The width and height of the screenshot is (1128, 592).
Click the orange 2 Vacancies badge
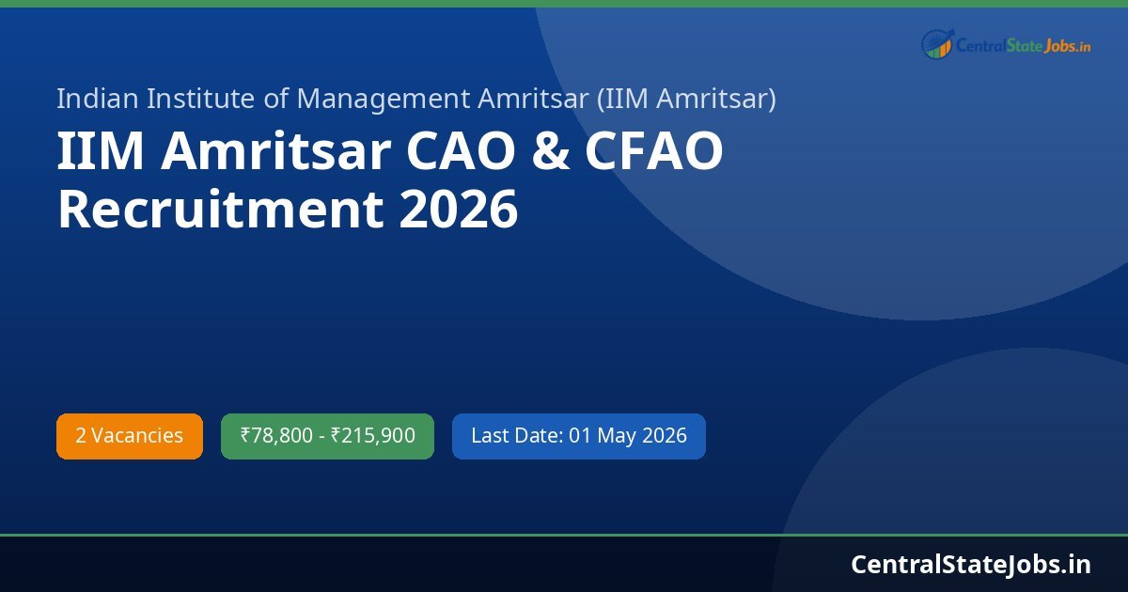[130, 436]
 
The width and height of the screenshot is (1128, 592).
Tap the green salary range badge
[327, 436]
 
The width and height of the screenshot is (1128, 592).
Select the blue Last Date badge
[578, 436]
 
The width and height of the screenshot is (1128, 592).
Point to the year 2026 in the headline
[458, 209]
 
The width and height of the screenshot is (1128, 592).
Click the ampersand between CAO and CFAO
[550, 152]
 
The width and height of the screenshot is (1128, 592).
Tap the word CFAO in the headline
[654, 152]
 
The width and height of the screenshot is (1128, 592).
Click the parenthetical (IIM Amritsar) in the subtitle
[686, 98]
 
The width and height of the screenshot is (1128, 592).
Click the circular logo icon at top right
[936, 44]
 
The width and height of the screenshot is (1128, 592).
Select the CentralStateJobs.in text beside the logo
[1024, 45]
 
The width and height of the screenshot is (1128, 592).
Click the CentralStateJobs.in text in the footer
[971, 564]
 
